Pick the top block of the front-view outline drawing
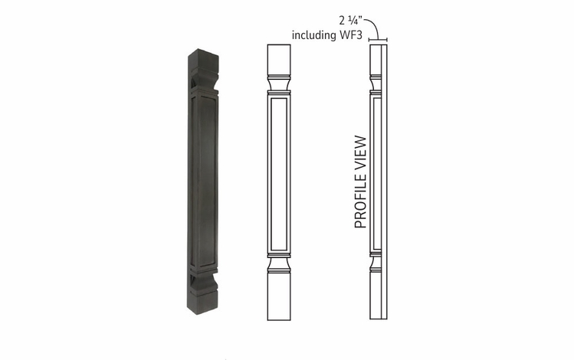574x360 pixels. point(279,59)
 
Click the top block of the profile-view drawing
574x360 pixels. point(378,59)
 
